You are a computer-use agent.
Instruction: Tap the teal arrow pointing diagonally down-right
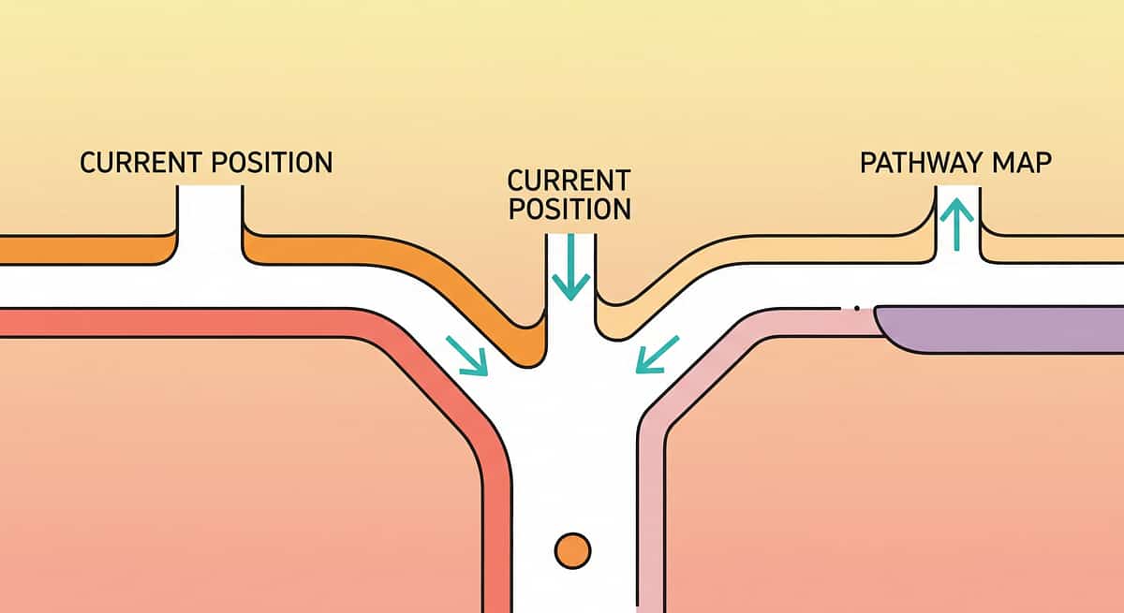coord(466,356)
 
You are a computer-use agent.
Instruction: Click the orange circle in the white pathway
coord(572,550)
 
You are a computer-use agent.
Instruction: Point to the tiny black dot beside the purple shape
coord(857,306)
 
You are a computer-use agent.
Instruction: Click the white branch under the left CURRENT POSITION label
coord(210,225)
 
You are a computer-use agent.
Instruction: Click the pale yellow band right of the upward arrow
coord(1049,248)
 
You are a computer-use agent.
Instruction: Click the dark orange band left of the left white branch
coord(84,250)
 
